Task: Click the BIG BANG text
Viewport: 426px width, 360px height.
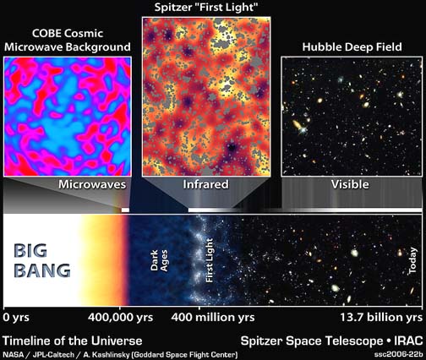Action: coord(42,261)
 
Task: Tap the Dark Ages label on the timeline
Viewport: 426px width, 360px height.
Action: coord(159,260)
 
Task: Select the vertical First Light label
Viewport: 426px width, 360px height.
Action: coord(210,260)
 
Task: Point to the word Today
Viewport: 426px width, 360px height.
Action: coord(412,260)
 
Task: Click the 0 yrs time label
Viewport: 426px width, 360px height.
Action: coord(16,318)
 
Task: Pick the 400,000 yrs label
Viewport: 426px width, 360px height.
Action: coord(120,318)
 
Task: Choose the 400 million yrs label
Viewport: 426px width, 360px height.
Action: coord(213,318)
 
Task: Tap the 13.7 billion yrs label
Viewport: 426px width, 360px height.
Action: coord(381,318)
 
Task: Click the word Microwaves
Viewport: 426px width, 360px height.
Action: coord(92,184)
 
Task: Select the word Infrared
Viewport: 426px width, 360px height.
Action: coord(205,184)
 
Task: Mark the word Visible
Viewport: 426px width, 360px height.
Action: coord(350,184)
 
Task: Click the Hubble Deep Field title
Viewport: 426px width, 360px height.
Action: coord(352,46)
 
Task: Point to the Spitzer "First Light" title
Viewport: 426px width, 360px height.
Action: coord(206,8)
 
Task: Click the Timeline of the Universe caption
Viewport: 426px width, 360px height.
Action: coord(73,341)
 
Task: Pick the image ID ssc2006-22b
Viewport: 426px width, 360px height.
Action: coord(399,354)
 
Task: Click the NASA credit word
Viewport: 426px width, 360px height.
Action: coord(14,354)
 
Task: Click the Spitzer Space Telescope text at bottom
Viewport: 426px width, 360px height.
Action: coord(312,341)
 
